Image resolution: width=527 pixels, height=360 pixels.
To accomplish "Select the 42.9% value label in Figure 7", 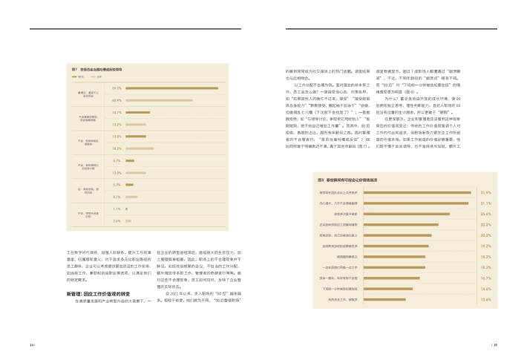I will (117, 100).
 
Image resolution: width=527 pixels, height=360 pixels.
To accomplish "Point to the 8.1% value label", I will (117, 197).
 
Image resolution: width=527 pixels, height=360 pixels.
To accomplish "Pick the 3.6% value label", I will (117, 221).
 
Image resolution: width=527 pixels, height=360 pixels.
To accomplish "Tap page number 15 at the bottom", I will (494, 345).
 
